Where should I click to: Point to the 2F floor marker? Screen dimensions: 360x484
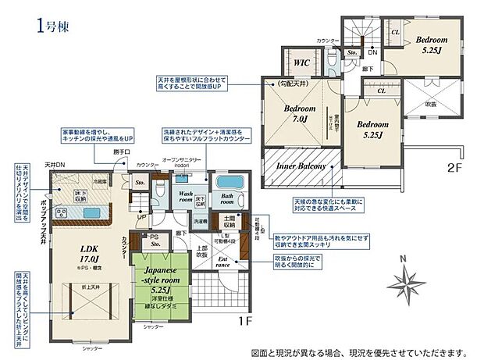[456, 167]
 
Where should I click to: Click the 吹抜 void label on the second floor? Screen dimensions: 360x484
[432, 105]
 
